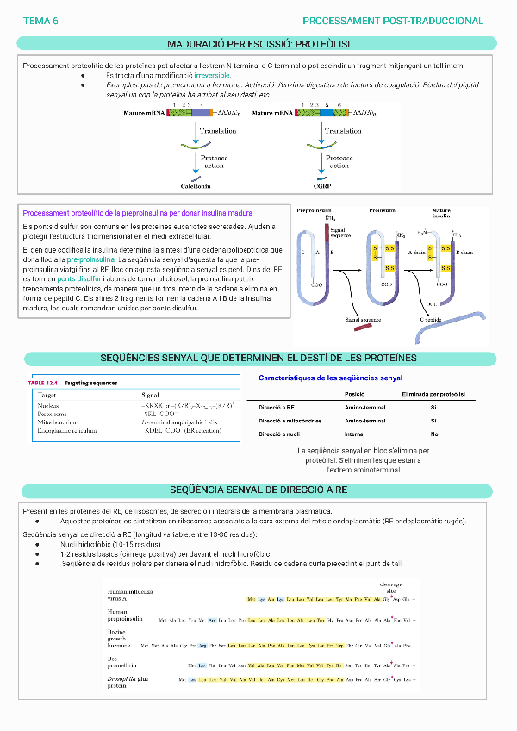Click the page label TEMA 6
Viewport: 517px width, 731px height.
[x=40, y=20]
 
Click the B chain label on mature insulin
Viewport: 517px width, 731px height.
[x=464, y=252]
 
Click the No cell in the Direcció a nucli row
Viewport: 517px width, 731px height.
[x=433, y=434]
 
